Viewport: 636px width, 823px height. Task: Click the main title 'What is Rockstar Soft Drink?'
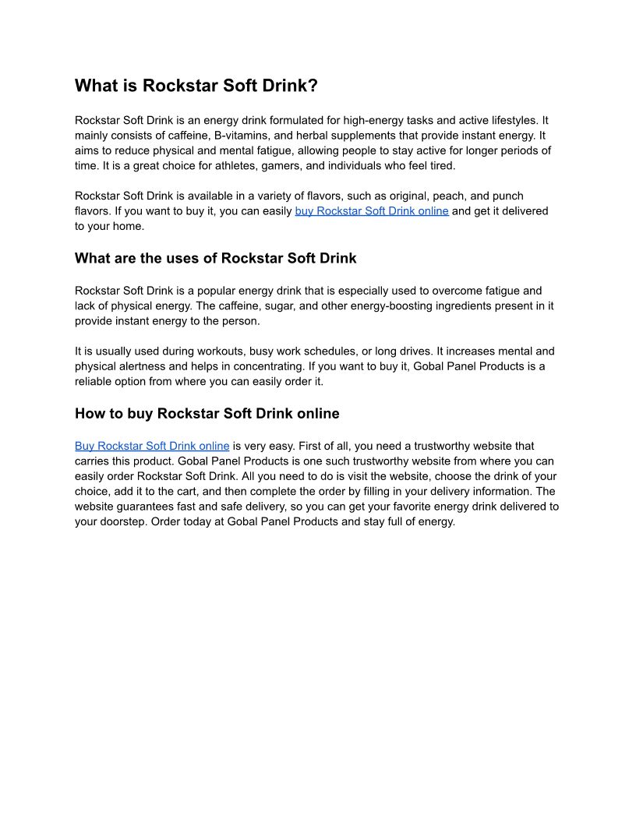coord(196,86)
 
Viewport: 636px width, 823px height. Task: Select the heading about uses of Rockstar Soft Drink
coord(216,258)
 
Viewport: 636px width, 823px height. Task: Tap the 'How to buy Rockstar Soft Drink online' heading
coord(207,413)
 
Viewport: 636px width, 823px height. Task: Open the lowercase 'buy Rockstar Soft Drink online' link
coord(372,211)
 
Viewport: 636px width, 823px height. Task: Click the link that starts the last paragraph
coord(152,447)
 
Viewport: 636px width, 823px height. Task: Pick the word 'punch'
coord(508,196)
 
